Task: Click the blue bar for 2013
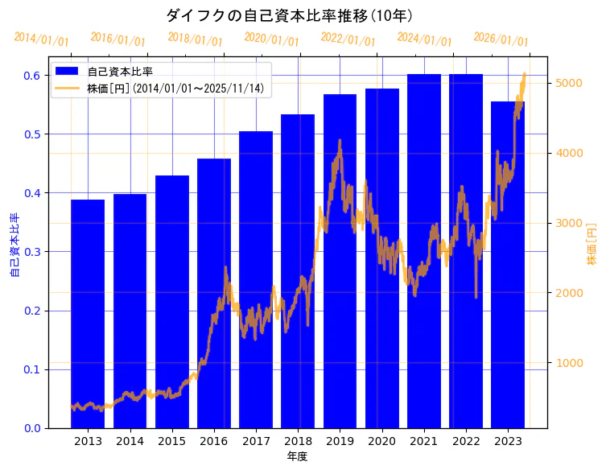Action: coord(88,314)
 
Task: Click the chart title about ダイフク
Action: coord(290,15)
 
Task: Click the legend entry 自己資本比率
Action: coord(120,72)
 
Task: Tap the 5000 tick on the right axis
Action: coord(565,83)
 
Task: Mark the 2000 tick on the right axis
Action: coord(565,293)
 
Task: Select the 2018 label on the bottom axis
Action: coord(298,441)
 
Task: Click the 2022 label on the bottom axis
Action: coord(466,441)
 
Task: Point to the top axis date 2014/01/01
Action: coord(41,39)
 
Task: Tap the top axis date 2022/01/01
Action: coord(348,39)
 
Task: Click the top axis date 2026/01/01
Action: coord(501,39)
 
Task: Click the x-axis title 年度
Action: coord(298,456)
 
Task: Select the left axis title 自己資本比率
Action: coord(14,245)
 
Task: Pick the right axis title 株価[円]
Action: coord(592,245)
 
